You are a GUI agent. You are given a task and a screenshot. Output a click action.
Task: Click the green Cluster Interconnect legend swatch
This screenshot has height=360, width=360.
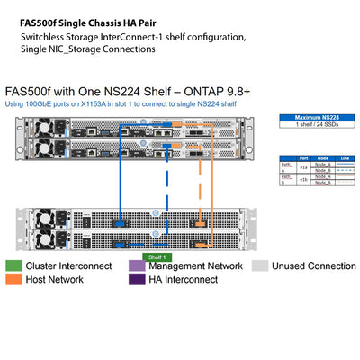[13, 266]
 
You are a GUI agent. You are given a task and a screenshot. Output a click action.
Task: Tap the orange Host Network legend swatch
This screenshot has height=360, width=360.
[13, 280]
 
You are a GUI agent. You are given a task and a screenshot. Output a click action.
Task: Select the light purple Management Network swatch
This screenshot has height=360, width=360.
[136, 266]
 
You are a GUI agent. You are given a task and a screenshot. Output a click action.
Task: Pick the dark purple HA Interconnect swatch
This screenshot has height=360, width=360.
[136, 280]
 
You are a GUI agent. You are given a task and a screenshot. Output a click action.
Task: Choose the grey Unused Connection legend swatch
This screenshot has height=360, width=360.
[259, 266]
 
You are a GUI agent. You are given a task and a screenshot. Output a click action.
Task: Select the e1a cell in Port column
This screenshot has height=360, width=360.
[303, 167]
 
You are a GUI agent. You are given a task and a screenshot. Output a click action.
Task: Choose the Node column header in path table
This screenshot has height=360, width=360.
[323, 157]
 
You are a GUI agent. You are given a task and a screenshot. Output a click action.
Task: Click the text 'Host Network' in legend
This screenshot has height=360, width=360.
[58, 280]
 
